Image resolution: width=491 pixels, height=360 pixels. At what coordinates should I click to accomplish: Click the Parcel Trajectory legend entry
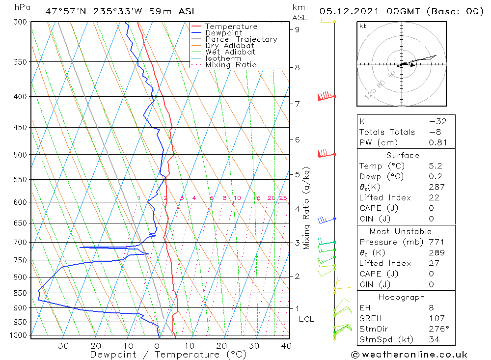pos(241,39)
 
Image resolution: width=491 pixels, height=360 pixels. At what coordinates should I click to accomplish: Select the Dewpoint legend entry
pos(223,33)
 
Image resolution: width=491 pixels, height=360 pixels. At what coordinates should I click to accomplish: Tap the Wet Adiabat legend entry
pos(230,52)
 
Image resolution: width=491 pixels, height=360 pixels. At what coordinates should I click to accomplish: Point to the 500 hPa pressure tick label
pos(21,155)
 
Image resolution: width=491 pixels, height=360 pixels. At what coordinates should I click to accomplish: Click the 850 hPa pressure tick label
pos(21,293)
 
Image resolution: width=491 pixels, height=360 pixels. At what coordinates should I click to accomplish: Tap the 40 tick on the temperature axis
pos(285,346)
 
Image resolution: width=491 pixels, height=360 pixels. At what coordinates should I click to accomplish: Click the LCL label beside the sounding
pos(306,319)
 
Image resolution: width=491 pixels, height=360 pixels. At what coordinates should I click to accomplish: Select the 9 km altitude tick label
pos(297,29)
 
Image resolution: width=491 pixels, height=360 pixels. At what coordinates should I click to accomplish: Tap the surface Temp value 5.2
pos(435,166)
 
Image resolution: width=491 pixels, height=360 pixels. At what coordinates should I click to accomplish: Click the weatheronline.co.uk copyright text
pos(409,355)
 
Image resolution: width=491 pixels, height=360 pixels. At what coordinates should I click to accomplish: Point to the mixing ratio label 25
pos(283,198)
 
